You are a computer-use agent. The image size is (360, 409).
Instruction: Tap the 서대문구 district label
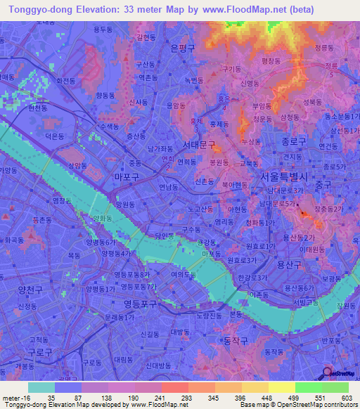pos(198,145)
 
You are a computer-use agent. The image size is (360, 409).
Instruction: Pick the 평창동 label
pos(271,61)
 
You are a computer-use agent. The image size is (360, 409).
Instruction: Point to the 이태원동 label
pos(311,249)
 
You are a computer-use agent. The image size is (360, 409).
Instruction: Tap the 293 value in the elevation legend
pos(180,397)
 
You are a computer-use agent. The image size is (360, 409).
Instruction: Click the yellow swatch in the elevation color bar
pos(282,387)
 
